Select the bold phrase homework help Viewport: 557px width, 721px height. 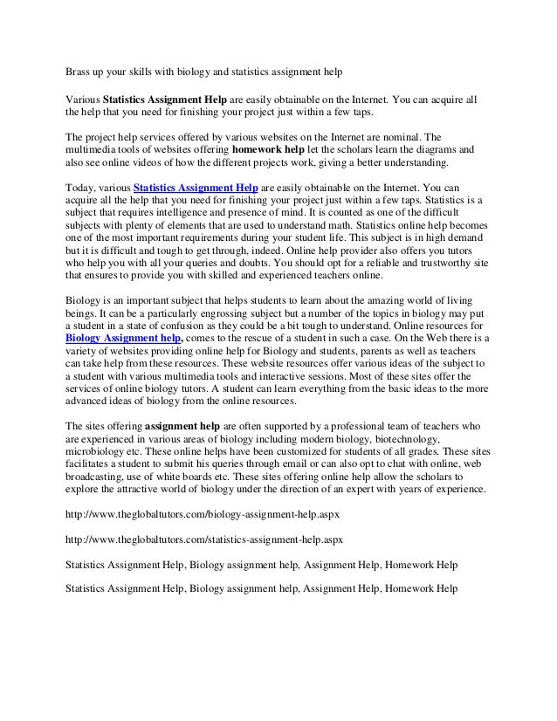click(256, 149)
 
